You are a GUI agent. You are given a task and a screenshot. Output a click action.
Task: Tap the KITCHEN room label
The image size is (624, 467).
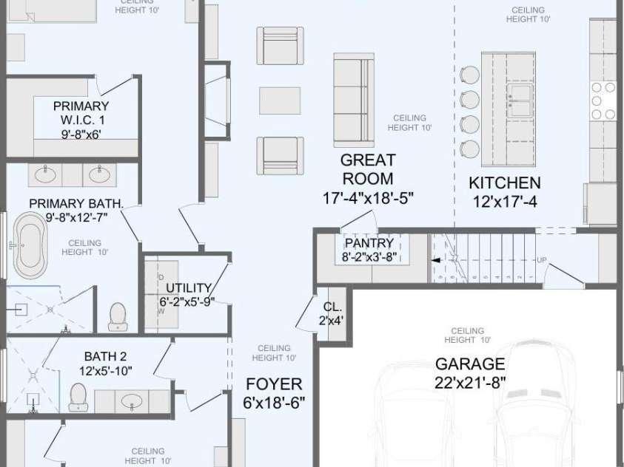(x=505, y=183)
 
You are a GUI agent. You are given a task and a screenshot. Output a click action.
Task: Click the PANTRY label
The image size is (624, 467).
(x=369, y=243)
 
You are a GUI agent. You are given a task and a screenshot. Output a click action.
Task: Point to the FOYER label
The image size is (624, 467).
(x=274, y=384)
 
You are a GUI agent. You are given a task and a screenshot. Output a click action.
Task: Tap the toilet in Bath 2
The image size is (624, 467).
(x=79, y=397)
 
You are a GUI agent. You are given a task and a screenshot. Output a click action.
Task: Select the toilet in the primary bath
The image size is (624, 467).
(x=118, y=316)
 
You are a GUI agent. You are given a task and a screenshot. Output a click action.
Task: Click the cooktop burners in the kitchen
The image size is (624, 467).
(x=603, y=100)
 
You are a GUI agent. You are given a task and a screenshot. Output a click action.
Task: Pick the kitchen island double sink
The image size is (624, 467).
(x=518, y=100)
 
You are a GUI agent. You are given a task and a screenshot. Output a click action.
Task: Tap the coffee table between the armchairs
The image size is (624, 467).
(x=280, y=100)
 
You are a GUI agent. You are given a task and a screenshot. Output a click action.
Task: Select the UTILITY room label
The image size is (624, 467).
(x=189, y=288)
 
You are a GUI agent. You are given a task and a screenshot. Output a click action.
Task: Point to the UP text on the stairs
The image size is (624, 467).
(x=542, y=260)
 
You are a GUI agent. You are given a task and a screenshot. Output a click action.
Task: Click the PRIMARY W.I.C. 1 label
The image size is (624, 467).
(x=81, y=112)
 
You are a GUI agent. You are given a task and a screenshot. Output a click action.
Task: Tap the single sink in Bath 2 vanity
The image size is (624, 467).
(x=132, y=401)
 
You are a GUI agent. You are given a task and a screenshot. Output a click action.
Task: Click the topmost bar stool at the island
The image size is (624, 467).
(x=470, y=74)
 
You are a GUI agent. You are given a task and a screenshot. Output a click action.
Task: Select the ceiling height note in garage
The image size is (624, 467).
(x=467, y=335)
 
